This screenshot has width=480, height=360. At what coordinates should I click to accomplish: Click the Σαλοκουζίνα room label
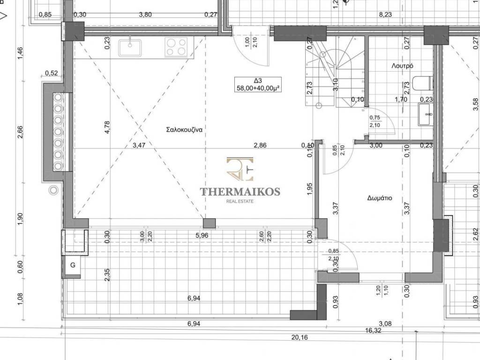184,129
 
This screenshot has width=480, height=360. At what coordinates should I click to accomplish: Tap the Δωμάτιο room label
380,198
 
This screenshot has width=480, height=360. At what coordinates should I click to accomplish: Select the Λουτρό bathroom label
403,66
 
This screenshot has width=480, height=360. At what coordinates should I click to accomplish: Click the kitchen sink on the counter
130,48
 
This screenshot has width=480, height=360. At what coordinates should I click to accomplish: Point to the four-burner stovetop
176,47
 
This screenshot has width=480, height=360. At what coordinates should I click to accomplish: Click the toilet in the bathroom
423,83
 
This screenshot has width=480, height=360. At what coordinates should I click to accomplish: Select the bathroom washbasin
426,114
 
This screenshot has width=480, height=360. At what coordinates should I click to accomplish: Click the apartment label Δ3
258,81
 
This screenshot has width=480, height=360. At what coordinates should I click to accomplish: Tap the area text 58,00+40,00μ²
258,88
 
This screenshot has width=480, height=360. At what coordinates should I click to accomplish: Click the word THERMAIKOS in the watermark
240,192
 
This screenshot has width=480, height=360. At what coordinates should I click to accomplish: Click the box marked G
73,265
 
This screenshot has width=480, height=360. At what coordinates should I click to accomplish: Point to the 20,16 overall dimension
300,337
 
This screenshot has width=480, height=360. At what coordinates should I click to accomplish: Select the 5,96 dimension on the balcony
202,235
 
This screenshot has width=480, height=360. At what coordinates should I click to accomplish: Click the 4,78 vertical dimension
107,127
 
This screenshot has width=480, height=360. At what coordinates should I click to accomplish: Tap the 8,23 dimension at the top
385,15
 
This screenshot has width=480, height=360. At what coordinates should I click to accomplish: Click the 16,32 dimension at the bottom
373,330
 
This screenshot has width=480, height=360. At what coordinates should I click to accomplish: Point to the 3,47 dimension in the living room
139,145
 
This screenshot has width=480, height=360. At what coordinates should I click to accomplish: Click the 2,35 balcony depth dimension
107,275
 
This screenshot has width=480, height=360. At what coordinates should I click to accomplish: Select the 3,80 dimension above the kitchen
145,15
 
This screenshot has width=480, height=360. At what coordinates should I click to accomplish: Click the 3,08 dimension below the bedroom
385,323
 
